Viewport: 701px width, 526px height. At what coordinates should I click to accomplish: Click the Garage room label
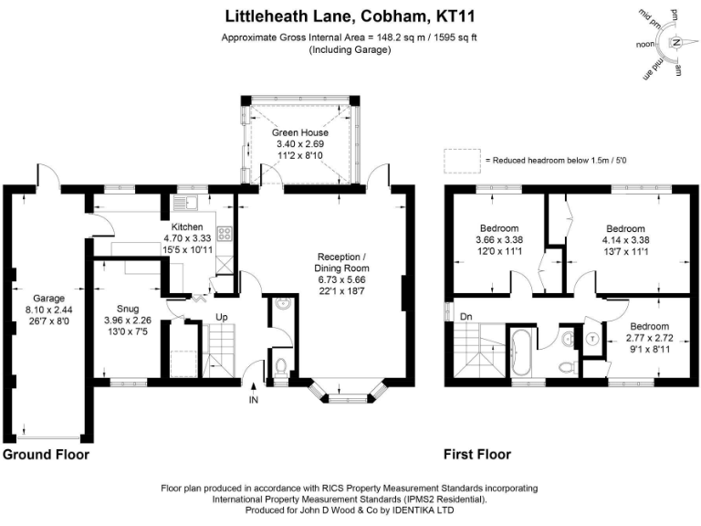[x=47, y=299]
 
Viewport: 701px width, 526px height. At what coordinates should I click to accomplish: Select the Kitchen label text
[x=187, y=226]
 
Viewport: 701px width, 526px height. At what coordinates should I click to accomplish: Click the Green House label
[x=300, y=132]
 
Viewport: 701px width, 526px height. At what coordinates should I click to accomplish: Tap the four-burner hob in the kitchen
[x=223, y=232]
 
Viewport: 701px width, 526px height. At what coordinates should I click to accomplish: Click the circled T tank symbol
[x=594, y=337]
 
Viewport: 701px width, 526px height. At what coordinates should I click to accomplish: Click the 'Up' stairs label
[x=220, y=318]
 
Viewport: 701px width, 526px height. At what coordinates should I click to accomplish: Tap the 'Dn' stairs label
[x=466, y=317]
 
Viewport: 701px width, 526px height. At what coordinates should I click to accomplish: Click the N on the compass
[x=675, y=42]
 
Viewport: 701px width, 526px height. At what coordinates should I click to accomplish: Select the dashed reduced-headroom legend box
[x=462, y=160]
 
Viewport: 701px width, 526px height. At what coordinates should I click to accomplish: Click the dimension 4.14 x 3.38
[x=626, y=240]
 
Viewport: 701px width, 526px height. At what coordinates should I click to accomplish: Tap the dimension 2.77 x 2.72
[x=649, y=338]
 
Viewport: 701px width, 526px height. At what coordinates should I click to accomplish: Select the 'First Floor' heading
[x=476, y=454]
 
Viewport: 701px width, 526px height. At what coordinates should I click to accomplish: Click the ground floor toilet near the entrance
[x=281, y=367]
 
